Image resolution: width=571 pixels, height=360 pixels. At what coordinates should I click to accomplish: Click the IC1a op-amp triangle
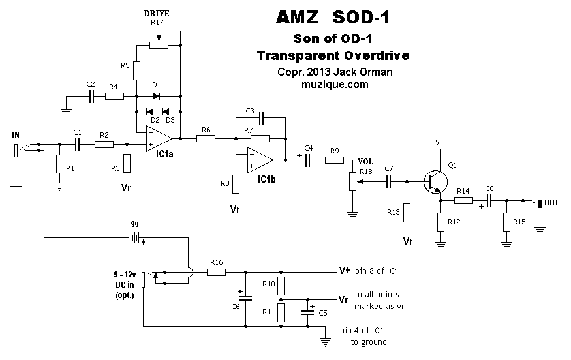(x=159, y=138)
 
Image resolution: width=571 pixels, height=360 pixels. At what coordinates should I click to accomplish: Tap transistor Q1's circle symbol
(x=434, y=182)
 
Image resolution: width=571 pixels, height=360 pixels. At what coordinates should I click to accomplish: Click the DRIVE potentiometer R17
(x=159, y=44)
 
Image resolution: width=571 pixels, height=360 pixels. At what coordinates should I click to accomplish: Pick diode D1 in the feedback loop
(x=157, y=96)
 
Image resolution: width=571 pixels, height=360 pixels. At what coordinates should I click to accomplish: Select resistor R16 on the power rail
(x=217, y=271)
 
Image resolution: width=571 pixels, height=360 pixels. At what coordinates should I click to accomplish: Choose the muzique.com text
(x=335, y=85)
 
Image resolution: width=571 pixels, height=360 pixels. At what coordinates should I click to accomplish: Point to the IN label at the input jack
(x=16, y=134)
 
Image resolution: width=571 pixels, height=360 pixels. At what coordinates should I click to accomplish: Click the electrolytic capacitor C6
(x=245, y=297)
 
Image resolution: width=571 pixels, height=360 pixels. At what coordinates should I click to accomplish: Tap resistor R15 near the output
(x=506, y=222)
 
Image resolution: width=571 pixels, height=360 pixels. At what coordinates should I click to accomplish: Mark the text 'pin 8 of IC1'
(x=377, y=271)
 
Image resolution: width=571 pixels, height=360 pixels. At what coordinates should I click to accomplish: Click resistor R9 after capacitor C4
(x=334, y=160)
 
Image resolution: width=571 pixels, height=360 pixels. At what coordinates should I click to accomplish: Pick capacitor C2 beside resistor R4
(x=91, y=96)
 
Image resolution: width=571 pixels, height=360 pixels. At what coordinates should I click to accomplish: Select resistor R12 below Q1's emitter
(x=441, y=222)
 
